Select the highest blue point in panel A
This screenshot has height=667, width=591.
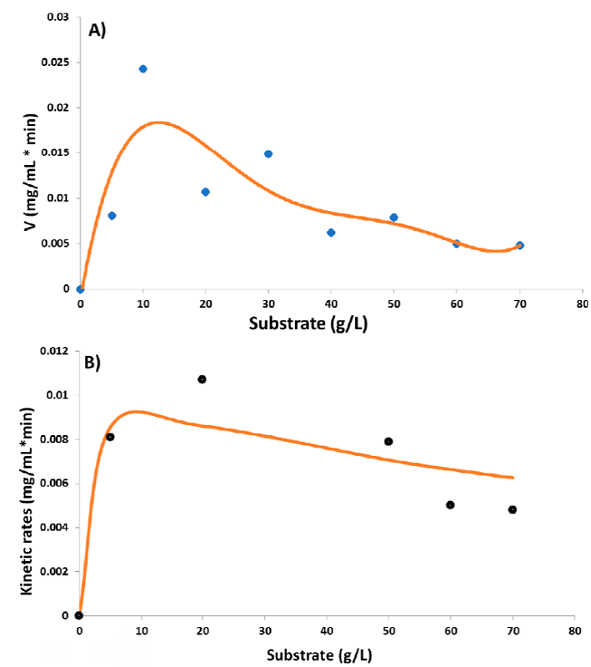[x=143, y=68]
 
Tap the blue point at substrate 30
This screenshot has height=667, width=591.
[x=268, y=154]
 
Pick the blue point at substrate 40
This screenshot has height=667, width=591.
[x=331, y=233]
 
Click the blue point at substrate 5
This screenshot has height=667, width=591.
[x=112, y=216]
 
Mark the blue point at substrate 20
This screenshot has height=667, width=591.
[x=205, y=192]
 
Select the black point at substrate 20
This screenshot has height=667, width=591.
[x=202, y=379]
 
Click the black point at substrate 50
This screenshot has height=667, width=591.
[x=388, y=441]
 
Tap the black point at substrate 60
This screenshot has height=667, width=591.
[x=450, y=504]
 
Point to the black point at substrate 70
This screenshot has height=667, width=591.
[x=512, y=509]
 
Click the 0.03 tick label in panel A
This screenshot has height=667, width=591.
[x=58, y=18]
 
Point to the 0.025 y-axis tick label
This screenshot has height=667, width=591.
[x=55, y=63]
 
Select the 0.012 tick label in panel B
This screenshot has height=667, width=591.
[x=50, y=351]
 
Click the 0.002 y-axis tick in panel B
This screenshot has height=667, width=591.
[x=50, y=571]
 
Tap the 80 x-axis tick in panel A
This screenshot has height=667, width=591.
[x=583, y=304]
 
